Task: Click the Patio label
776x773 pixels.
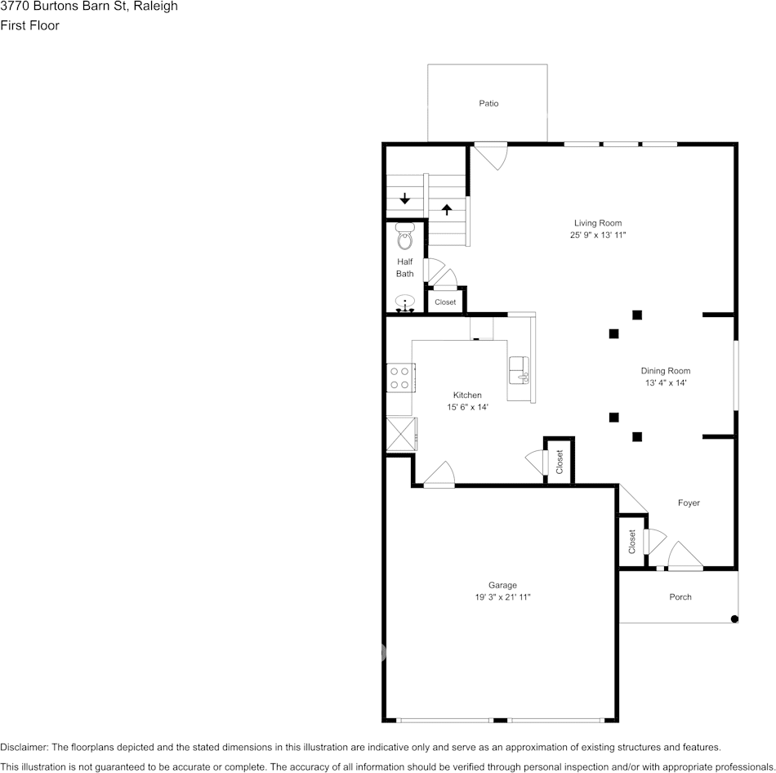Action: coord(488,104)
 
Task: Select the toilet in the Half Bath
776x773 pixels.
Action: coord(404,239)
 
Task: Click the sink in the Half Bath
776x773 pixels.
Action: coord(405,306)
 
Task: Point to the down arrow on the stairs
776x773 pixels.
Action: coord(405,199)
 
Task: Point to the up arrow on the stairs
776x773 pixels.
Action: coord(446,209)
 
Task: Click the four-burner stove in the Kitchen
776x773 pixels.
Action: coord(399,378)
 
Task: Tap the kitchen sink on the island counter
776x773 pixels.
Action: coord(519,372)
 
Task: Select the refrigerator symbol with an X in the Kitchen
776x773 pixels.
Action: coord(401,432)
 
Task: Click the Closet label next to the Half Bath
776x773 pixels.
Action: coord(445,302)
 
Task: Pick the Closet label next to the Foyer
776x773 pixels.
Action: coord(632,541)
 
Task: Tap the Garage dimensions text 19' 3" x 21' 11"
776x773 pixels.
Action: coord(503,597)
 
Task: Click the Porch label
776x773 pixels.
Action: coord(680,597)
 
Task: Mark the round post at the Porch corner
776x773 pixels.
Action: coord(734,619)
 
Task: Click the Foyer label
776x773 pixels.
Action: coord(689,503)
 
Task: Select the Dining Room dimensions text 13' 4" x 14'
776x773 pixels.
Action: coord(666,382)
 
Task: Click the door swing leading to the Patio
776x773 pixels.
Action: coord(493,155)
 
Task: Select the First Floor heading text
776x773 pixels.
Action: coord(29,25)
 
